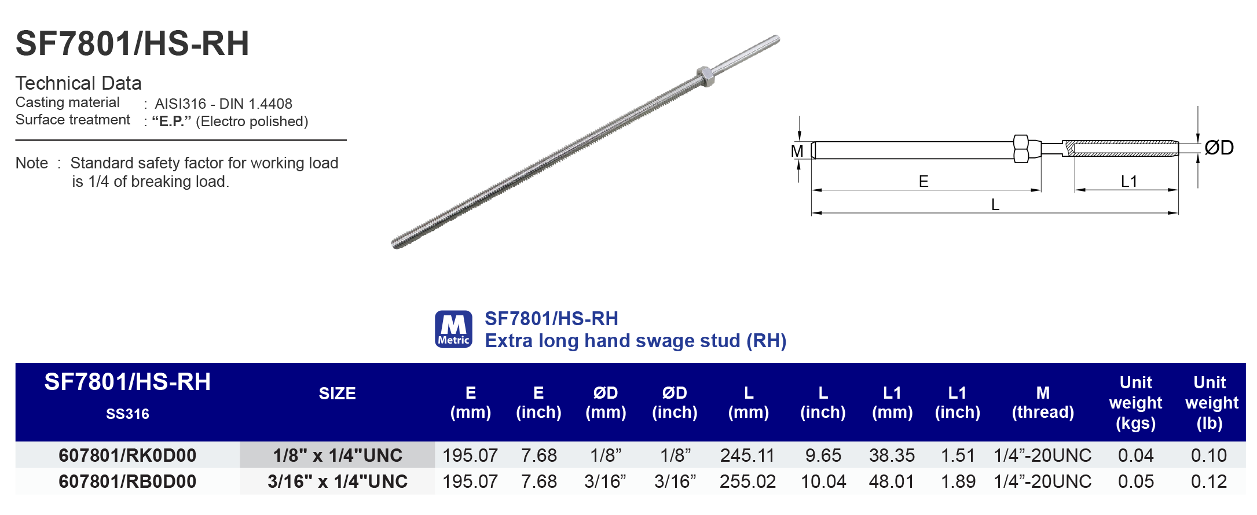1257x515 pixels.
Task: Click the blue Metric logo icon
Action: click(x=453, y=329)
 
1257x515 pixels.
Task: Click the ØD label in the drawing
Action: click(x=1218, y=148)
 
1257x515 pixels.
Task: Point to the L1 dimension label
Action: click(x=1128, y=182)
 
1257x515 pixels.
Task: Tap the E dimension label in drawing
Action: click(x=923, y=182)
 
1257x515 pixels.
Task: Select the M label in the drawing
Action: click(x=797, y=152)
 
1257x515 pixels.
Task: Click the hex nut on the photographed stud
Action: click(x=704, y=76)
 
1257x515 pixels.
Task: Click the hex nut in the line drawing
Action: click(x=1021, y=149)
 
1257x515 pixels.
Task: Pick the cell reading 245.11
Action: click(x=747, y=455)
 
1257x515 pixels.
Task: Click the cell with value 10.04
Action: click(x=823, y=481)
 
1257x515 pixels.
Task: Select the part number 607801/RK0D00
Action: click(x=127, y=455)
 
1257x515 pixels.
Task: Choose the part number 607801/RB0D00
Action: click(x=127, y=481)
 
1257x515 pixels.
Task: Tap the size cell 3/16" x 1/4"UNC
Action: click(x=337, y=481)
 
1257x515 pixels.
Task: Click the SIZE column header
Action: click(x=337, y=393)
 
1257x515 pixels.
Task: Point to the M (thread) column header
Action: click(x=1042, y=403)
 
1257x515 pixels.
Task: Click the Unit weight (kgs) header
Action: click(x=1135, y=403)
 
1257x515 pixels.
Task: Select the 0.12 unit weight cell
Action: click(x=1208, y=481)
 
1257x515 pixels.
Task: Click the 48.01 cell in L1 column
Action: click(x=891, y=481)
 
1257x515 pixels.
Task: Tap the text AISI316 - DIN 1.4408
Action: click(x=223, y=104)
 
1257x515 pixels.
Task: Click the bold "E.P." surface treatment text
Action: click(x=171, y=122)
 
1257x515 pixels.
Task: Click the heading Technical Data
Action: click(x=78, y=83)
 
